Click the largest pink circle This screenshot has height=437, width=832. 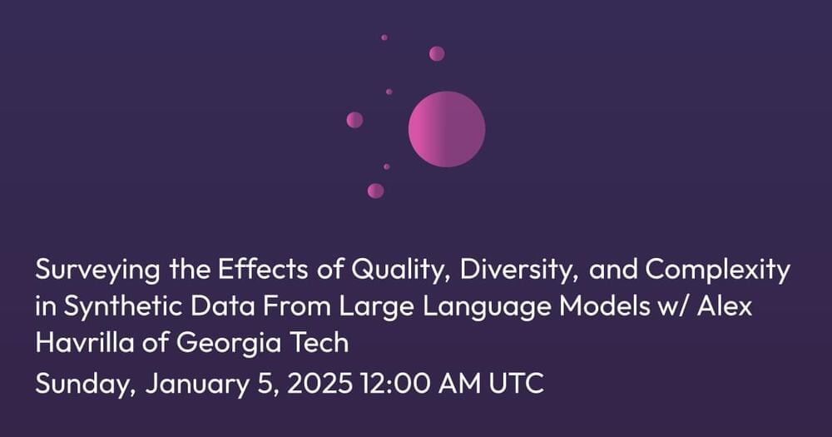point(447,129)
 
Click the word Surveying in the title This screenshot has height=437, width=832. point(97,271)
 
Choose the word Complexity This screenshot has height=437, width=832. point(718,271)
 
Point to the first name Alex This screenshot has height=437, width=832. point(725,306)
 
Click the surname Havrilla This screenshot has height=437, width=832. point(85,342)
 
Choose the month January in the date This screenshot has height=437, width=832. point(197,385)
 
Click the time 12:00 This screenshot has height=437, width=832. point(394,384)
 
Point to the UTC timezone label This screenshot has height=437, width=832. point(517,384)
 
